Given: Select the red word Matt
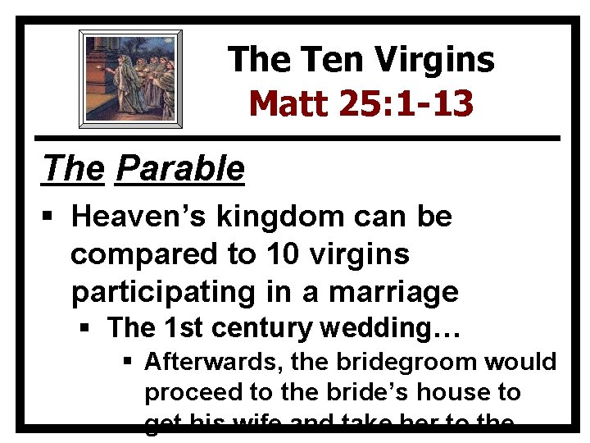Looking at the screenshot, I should coord(288,103).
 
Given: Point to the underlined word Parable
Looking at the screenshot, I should coord(180,168).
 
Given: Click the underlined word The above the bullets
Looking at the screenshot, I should coord(74,168).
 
